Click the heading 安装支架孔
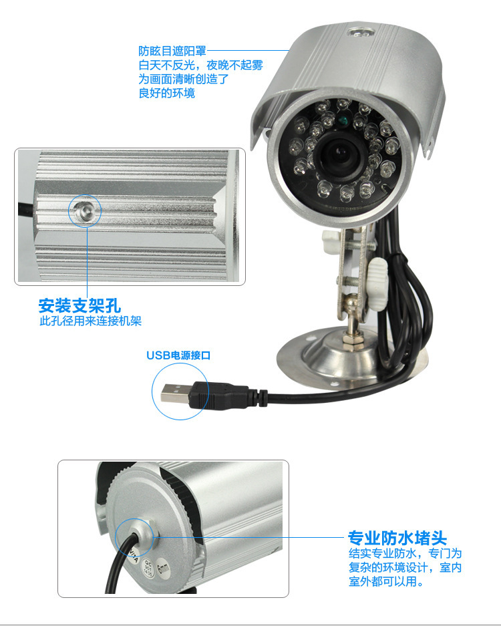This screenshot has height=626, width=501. point(79,306)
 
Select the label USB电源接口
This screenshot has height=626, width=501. point(178,355)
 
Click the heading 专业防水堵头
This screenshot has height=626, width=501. point(397,538)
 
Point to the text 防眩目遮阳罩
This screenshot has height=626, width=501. point(172,51)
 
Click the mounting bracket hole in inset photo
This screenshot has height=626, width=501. point(85,210)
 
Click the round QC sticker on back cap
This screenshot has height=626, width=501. point(148,566)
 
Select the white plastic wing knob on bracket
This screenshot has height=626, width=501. point(377,283)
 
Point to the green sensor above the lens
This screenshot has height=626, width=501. point(341,120)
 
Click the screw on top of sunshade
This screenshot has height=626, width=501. point(361,32)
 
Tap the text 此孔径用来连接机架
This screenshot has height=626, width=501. point(90,321)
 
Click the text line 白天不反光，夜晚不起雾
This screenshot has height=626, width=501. point(201,65)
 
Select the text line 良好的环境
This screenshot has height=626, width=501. point(166,93)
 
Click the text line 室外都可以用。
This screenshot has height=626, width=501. point(386,581)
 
